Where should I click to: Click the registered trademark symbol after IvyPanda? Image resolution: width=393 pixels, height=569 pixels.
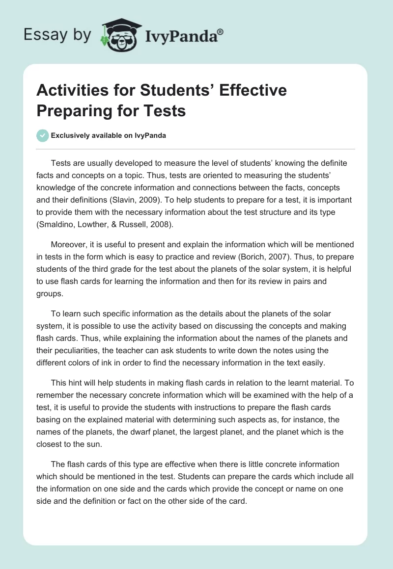click(x=220, y=32)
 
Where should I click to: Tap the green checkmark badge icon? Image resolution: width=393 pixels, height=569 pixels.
click(x=43, y=135)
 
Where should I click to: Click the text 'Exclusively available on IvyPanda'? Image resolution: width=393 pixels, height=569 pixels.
click(x=109, y=136)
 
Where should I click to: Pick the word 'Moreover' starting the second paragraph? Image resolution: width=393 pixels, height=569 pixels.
click(x=69, y=244)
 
